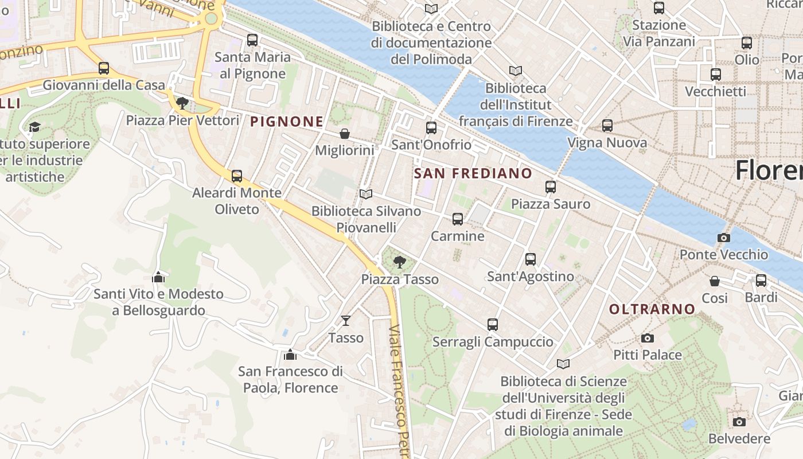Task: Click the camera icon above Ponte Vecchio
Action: click(724, 238)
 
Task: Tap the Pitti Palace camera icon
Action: click(648, 338)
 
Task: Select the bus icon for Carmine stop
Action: click(457, 219)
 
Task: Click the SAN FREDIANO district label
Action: click(473, 173)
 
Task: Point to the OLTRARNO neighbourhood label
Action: click(652, 309)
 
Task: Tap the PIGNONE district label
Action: click(287, 122)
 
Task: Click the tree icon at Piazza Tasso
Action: click(400, 262)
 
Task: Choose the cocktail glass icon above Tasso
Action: click(346, 320)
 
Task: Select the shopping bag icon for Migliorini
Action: click(345, 134)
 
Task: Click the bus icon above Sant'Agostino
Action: click(531, 259)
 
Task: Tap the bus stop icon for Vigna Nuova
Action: click(607, 126)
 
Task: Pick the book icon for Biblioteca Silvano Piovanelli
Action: click(366, 194)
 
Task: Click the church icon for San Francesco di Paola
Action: click(290, 355)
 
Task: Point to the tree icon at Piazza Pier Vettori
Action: click(182, 103)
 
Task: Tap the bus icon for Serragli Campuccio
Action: click(493, 325)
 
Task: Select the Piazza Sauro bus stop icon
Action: click(551, 186)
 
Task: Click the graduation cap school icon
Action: click(35, 127)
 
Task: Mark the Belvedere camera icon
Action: click(739, 422)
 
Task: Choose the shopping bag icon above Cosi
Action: click(715, 281)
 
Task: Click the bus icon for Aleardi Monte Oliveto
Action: click(237, 176)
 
